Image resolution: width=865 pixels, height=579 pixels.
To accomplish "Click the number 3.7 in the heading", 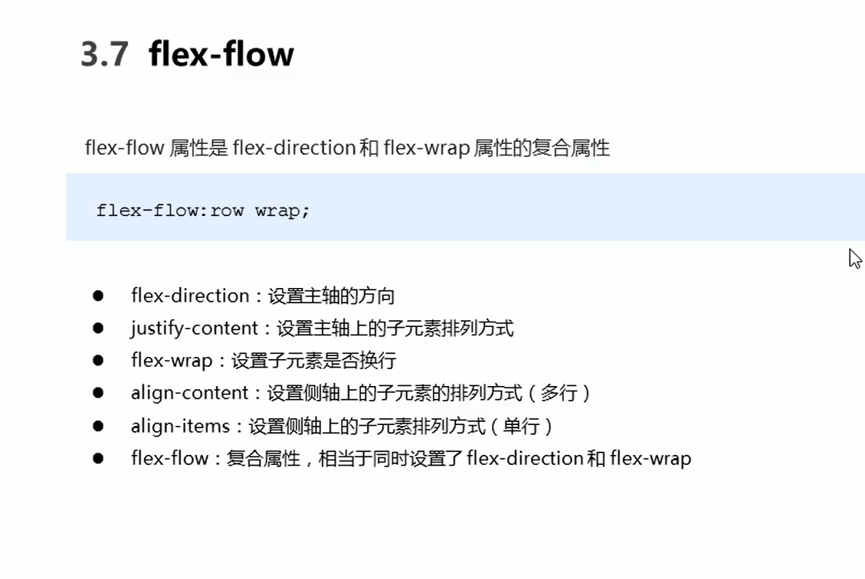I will click(104, 55).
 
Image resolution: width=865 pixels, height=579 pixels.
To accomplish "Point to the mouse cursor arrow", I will click(855, 258).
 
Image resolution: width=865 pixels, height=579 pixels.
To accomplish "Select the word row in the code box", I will click(227, 211).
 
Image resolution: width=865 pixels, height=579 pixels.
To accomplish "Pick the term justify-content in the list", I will click(195, 329).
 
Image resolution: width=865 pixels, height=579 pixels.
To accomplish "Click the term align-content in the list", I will click(190, 393).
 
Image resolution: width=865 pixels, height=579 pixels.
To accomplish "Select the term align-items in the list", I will click(180, 426).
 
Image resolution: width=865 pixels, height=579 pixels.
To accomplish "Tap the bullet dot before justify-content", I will click(98, 328).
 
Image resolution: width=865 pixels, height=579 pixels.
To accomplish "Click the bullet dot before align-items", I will click(98, 425).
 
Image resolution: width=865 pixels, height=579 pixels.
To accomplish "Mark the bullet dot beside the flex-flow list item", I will click(98, 458).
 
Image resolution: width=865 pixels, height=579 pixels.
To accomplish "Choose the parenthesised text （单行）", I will click(521, 426).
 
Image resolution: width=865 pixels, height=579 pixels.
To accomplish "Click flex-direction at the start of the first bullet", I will click(190, 296).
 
